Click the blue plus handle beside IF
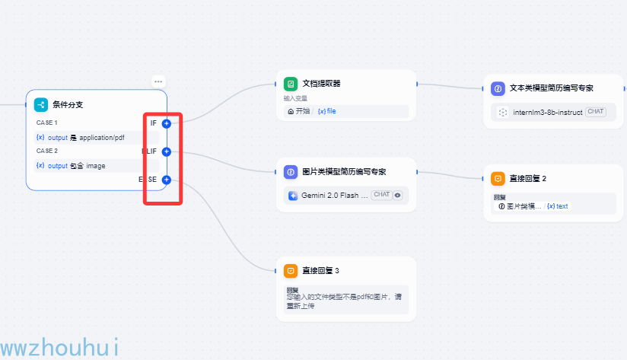pyautogui.click(x=167, y=123)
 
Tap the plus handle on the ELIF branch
pyautogui.click(x=167, y=151)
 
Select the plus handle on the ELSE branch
pyautogui.click(x=167, y=180)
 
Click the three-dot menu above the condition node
pyautogui.click(x=158, y=81)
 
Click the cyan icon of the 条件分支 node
pyautogui.click(x=41, y=105)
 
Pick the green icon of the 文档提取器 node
pyautogui.click(x=290, y=84)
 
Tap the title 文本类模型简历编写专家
pyautogui.click(x=551, y=88)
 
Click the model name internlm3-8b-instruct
pyautogui.click(x=547, y=112)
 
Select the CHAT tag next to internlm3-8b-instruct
pyautogui.click(x=595, y=112)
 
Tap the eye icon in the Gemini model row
pyautogui.click(x=397, y=195)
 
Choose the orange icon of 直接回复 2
pyautogui.click(x=498, y=178)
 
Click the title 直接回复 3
pyautogui.click(x=320, y=270)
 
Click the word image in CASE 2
pyautogui.click(x=95, y=166)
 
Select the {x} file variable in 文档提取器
pyautogui.click(x=326, y=111)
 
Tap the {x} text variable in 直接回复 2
pyautogui.click(x=557, y=206)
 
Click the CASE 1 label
pyautogui.click(x=46, y=123)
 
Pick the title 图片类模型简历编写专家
pyautogui.click(x=344, y=172)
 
